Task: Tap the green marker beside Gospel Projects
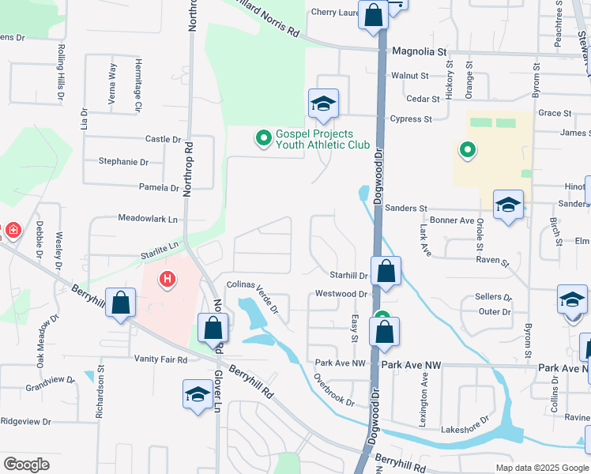(x=263, y=139)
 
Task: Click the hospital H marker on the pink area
(x=167, y=278)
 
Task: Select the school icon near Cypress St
(x=322, y=104)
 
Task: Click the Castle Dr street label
(x=164, y=139)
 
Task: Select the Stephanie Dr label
(x=123, y=162)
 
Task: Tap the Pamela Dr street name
(x=159, y=188)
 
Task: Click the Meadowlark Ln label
(x=148, y=218)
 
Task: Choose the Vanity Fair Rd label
(x=160, y=359)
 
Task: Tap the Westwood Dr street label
(x=341, y=294)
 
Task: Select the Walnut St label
(x=409, y=76)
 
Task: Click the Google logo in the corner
(x=26, y=465)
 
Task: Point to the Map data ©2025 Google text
(x=541, y=468)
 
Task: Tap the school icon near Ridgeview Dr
(x=197, y=395)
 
